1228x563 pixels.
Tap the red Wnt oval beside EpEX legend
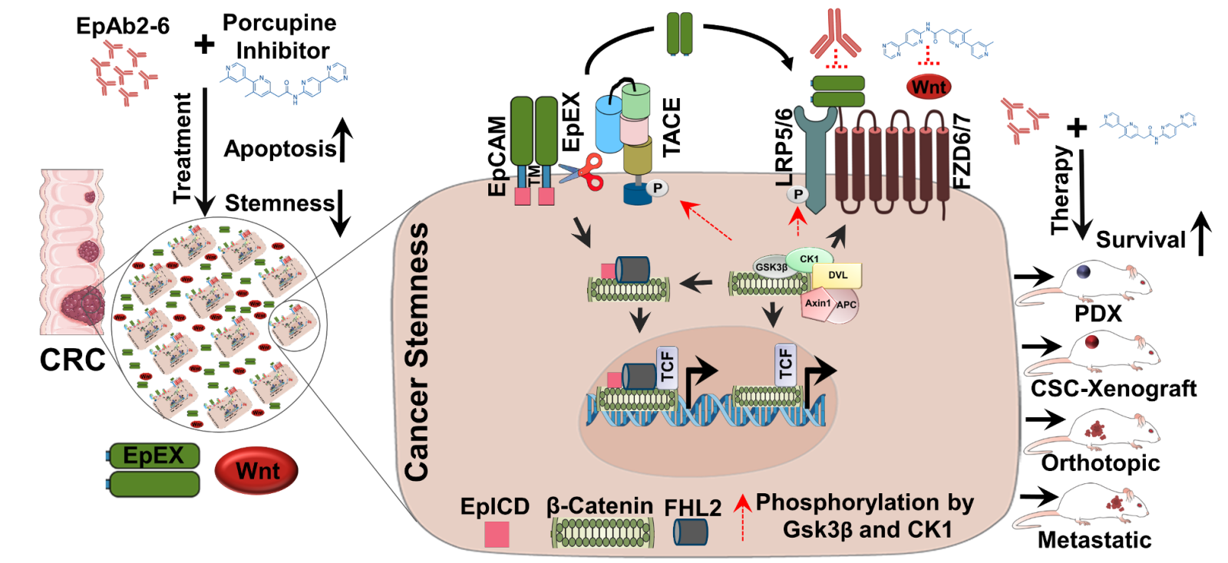[257, 471]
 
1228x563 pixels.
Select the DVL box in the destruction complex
[839, 275]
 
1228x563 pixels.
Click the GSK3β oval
[771, 267]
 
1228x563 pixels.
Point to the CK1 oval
[809, 258]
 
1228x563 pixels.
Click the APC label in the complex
[847, 305]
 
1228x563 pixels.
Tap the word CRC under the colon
[72, 360]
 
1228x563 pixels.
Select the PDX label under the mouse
[1098, 314]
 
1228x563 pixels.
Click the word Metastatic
[1094, 540]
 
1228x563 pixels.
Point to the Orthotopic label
[1101, 463]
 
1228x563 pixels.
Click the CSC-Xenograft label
[1113, 389]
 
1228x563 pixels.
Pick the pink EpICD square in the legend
[497, 534]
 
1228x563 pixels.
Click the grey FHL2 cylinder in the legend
[691, 532]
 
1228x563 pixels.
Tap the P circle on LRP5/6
[798, 195]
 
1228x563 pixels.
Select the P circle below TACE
[657, 188]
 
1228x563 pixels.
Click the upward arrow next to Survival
[1201, 234]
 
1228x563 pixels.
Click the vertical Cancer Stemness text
[417, 353]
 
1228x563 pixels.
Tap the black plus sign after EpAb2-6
[204, 44]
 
